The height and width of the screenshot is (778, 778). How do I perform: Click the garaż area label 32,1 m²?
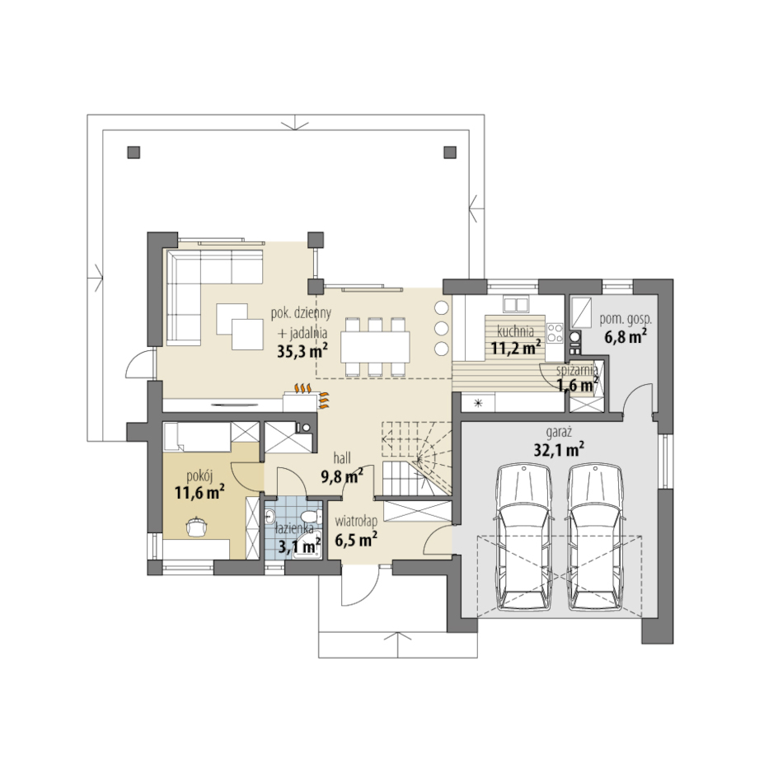click(558, 449)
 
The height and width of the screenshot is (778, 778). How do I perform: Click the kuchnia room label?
click(515, 331)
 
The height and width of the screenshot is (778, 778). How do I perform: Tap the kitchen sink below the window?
click(517, 303)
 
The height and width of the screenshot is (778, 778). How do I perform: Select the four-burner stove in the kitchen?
click(555, 333)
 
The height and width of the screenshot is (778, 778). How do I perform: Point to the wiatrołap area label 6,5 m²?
click(356, 539)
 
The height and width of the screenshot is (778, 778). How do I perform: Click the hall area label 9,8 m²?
click(342, 477)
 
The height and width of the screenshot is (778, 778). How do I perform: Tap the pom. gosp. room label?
click(626, 320)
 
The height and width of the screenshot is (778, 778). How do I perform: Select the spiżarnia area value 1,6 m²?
click(577, 385)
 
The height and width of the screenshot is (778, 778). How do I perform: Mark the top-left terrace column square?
click(134, 152)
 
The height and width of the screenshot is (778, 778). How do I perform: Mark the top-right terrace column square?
click(449, 152)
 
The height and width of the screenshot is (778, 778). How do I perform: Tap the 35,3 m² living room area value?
click(302, 351)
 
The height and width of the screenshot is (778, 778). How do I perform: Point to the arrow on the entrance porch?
click(397, 644)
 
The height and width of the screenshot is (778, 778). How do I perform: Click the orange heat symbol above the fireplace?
click(302, 387)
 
